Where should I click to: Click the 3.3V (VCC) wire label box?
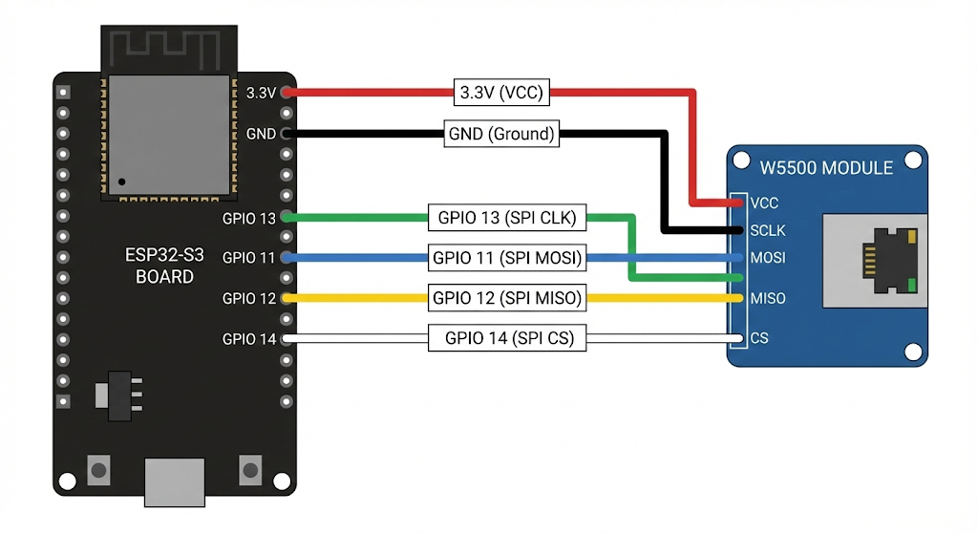click(501, 93)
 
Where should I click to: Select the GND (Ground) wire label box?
click(501, 134)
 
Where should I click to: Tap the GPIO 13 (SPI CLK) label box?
click(507, 218)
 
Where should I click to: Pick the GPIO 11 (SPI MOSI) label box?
click(507, 258)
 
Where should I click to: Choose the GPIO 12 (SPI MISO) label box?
click(507, 298)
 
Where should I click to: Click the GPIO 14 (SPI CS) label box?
click(507, 338)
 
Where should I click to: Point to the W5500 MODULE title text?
click(826, 168)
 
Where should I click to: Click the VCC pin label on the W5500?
click(764, 203)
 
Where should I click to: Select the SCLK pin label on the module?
click(768, 231)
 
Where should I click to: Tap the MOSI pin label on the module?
click(768, 258)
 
